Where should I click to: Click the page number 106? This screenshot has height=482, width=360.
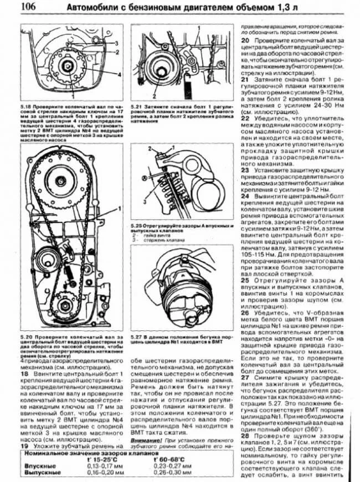28,8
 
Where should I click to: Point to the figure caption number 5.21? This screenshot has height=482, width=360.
136,105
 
